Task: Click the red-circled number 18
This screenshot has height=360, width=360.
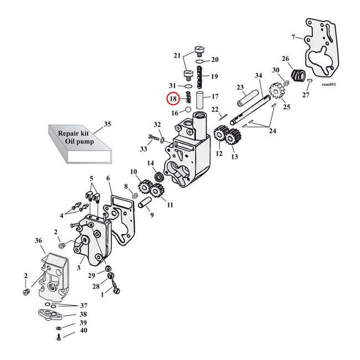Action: pos(173,99)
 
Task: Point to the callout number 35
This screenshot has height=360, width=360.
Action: pos(107,124)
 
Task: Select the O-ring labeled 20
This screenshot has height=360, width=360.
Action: pos(200,60)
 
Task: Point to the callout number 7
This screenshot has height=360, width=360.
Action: pos(293,37)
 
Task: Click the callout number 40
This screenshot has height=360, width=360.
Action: pos(84,331)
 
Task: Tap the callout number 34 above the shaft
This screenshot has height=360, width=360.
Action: pos(258,75)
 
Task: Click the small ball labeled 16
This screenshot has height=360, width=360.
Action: pos(189,111)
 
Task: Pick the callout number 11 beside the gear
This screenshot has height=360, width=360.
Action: pos(170,205)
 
